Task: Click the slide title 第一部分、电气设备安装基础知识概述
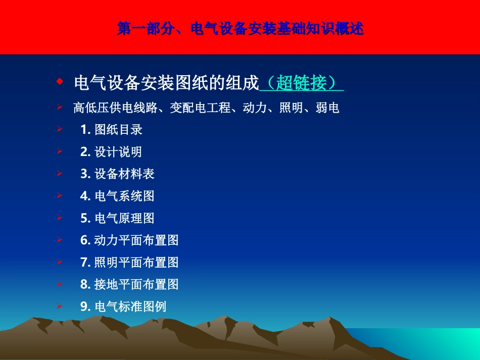click(x=240, y=28)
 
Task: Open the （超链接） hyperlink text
click(x=302, y=83)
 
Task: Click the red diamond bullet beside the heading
click(x=60, y=81)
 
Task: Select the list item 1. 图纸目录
click(x=111, y=130)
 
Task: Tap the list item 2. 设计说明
click(x=111, y=152)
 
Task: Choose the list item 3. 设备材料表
click(x=117, y=174)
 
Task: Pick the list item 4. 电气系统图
click(x=117, y=196)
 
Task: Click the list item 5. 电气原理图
click(x=117, y=218)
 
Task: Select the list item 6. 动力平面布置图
click(x=129, y=240)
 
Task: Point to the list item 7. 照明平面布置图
click(x=129, y=263)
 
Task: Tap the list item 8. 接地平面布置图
click(x=129, y=284)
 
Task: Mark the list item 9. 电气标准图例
click(x=123, y=306)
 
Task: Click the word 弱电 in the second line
click(x=327, y=108)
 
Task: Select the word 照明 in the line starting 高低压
click(x=291, y=108)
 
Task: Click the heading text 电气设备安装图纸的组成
click(x=166, y=83)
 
